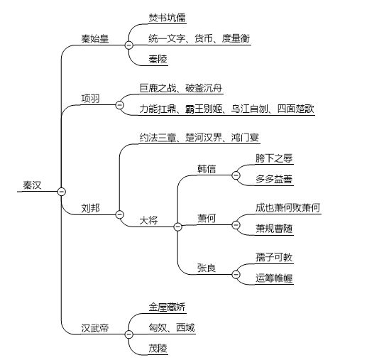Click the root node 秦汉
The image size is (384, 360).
[x=32, y=185]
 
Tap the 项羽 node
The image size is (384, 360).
[x=91, y=97]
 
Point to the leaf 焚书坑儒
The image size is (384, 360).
[x=169, y=17]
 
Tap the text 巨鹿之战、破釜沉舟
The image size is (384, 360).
[x=182, y=88]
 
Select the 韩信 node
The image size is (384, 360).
[x=207, y=168]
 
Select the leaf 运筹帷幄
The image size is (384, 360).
[x=273, y=278]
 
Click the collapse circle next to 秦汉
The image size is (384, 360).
[x=61, y=191]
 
